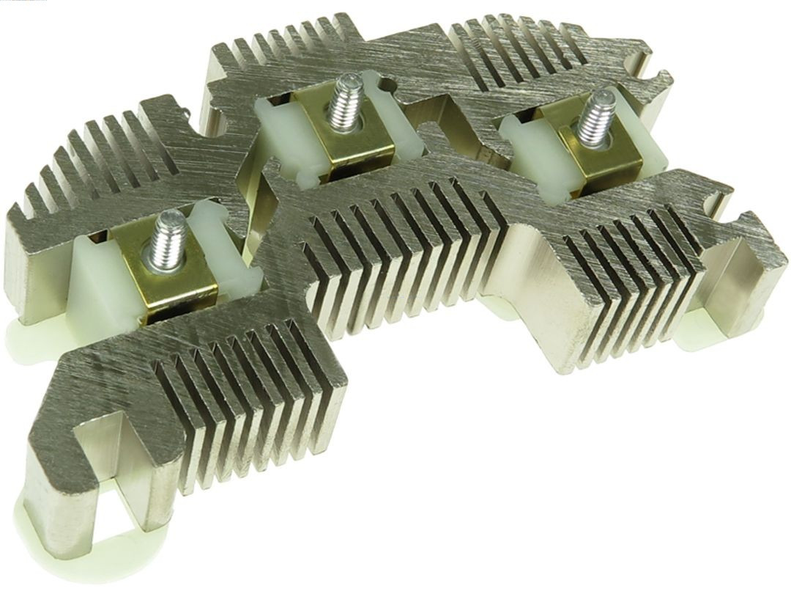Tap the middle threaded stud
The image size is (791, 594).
(x=341, y=110)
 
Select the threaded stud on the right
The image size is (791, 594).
(x=595, y=117)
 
